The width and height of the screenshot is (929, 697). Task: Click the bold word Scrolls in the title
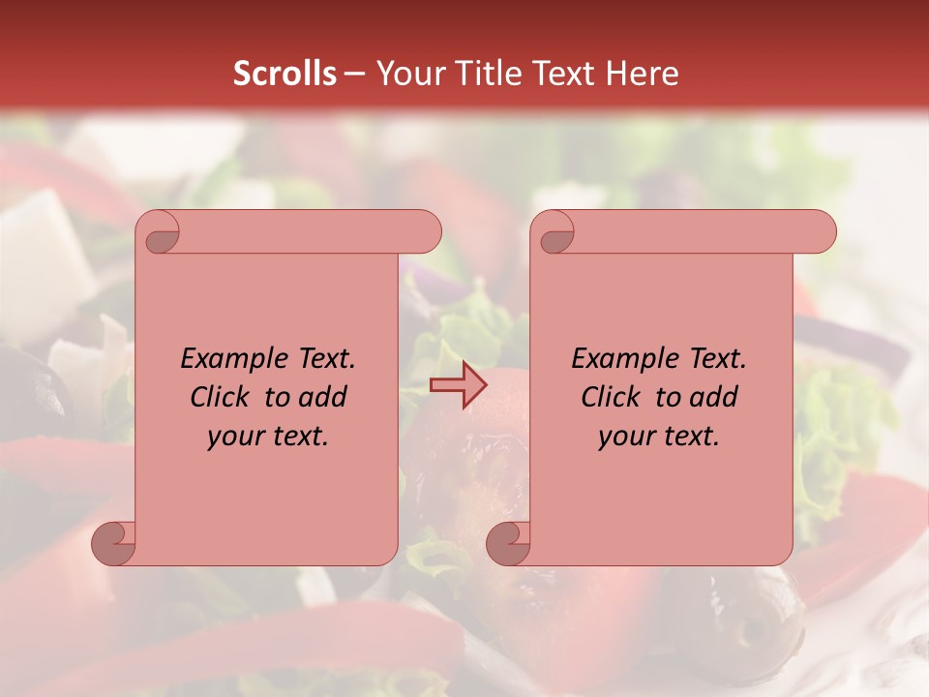tap(285, 74)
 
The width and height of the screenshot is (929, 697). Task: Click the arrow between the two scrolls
tap(458, 385)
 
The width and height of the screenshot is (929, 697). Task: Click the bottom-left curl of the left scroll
tap(114, 543)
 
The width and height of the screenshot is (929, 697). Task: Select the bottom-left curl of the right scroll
tap(508, 543)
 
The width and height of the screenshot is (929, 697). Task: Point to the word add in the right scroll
tap(715, 397)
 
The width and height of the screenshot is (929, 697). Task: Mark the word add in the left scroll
tap(324, 397)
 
